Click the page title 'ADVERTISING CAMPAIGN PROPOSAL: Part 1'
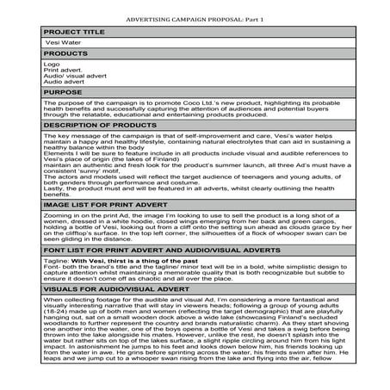(x=194, y=17)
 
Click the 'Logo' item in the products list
(x=51, y=64)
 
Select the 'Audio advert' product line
(x=62, y=82)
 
